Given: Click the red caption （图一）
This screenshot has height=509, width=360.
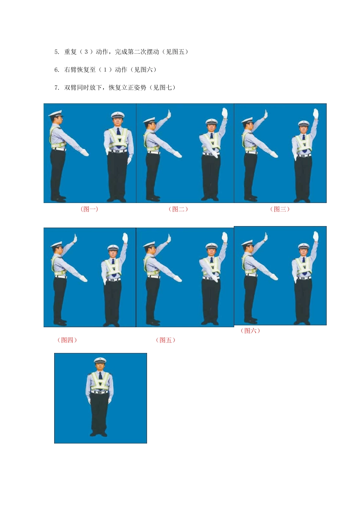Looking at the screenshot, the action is tap(89, 209).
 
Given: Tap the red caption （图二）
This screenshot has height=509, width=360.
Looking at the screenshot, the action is tap(178, 209).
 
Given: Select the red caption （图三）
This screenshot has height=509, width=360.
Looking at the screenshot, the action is tap(280, 209).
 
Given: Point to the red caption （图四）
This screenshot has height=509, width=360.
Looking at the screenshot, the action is tap(67, 340).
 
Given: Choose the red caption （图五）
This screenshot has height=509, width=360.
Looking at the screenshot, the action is tap(166, 340).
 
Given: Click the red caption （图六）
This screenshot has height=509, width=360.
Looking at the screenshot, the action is tap(250, 331).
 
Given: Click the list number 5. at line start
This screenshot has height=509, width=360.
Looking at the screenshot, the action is tap(57, 52).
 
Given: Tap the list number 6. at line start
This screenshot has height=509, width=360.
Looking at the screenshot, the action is tap(57, 70).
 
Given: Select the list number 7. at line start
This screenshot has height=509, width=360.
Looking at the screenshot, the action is tap(57, 88).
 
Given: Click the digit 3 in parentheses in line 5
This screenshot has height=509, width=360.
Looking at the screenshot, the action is tap(86, 52).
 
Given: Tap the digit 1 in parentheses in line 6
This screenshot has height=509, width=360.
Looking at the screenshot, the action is tap(105, 70).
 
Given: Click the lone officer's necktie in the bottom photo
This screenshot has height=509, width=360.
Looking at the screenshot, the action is tap(100, 376).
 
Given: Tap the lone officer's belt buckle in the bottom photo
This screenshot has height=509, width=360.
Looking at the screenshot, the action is tap(100, 392).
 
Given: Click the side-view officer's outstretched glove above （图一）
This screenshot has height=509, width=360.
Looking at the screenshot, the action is tap(85, 153).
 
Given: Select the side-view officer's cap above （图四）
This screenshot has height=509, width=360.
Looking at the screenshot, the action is tap(56, 245).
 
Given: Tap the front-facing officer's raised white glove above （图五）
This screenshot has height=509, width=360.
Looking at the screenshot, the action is tap(224, 237).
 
